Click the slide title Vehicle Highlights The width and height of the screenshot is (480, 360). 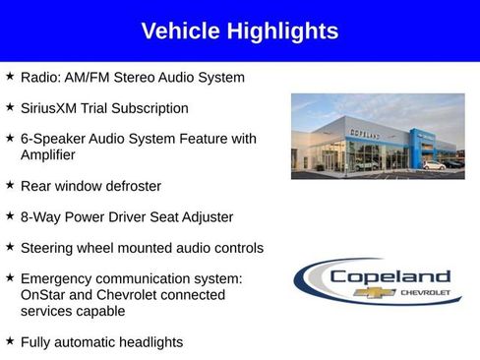pos(239,31)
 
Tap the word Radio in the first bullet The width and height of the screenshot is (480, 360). pos(39,77)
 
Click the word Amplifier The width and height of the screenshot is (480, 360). pos(48,154)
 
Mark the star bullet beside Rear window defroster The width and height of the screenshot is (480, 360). pos(10,184)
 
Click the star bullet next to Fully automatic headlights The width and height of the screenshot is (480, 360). pos(10,340)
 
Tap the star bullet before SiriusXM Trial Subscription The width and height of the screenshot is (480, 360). pos(10,106)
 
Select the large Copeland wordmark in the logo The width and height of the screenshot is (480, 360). pos(390,276)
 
